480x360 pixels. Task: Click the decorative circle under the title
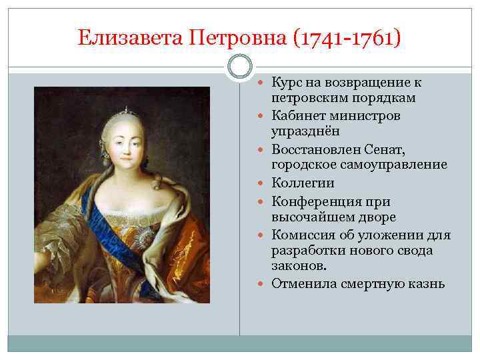coord(239,67)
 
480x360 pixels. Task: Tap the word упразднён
coord(301,131)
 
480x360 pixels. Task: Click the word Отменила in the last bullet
coord(302,284)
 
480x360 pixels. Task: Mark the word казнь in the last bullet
coord(427,284)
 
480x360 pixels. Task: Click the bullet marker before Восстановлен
coord(264,150)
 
